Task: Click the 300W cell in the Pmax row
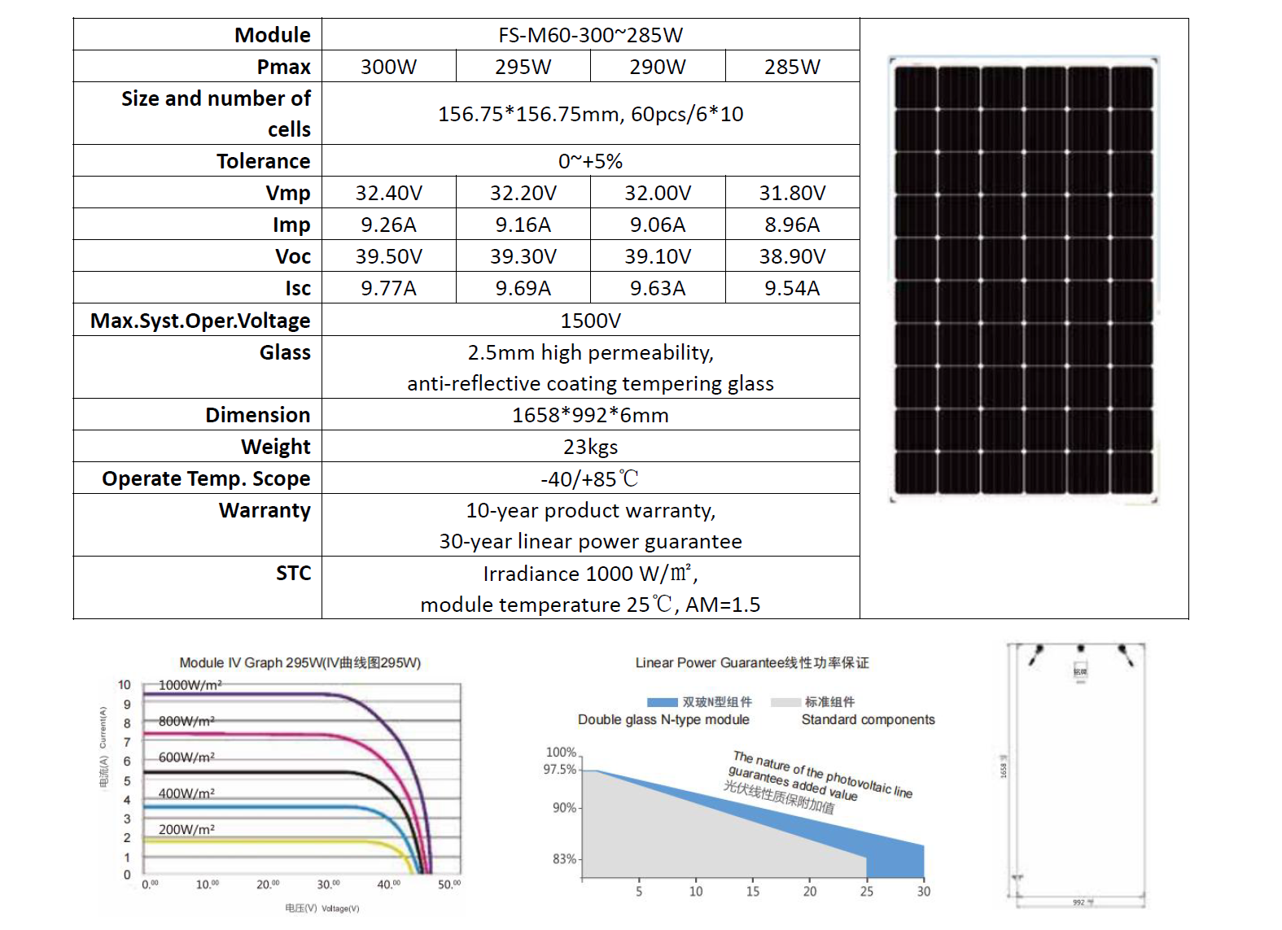[x=388, y=67]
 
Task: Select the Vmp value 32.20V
[x=523, y=193]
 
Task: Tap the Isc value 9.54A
[x=791, y=288]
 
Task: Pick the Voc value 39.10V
[x=657, y=256]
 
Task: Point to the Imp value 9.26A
[x=388, y=225]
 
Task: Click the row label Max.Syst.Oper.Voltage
[x=200, y=321]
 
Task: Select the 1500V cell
[x=590, y=321]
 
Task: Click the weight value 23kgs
[x=590, y=447]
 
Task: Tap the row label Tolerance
[x=263, y=161]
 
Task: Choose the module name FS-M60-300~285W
[x=590, y=35]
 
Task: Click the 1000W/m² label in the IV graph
[x=190, y=685]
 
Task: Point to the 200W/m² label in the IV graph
[x=186, y=829]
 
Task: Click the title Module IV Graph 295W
[x=300, y=662]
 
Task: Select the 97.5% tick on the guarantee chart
[x=560, y=769]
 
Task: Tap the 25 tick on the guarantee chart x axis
[x=866, y=891]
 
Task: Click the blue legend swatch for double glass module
[x=662, y=702]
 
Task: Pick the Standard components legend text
[x=868, y=719]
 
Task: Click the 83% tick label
[x=564, y=858]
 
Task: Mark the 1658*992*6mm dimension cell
[x=590, y=415]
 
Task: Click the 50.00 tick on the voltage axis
[x=449, y=884]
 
